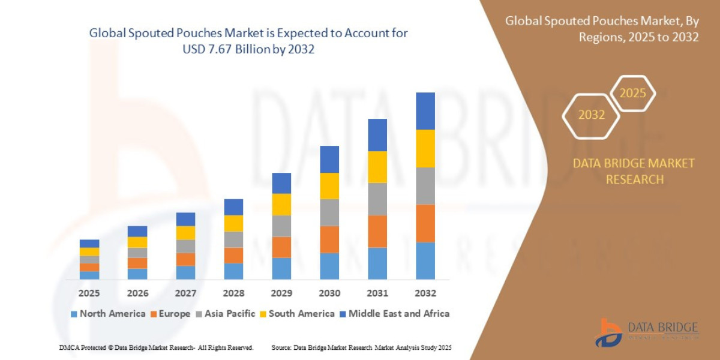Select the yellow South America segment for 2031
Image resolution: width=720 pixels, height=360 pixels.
[377, 167]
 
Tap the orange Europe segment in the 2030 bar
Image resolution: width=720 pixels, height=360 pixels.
[329, 239]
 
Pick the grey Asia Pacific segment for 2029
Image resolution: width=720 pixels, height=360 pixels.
[281, 226]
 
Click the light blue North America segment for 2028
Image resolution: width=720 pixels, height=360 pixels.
[233, 271]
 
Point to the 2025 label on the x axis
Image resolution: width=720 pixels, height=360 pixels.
[89, 293]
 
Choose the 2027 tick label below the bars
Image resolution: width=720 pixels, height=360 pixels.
[185, 293]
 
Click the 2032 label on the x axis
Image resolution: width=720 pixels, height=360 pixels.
[425, 293]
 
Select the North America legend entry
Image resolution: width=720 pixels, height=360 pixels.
[108, 313]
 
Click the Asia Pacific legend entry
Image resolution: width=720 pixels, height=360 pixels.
[225, 313]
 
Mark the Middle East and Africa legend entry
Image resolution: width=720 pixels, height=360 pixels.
[394, 313]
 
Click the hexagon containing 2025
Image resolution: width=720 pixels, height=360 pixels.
[632, 94]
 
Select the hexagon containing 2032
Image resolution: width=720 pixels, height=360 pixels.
[591, 115]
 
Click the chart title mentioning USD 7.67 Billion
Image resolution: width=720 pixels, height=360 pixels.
[248, 41]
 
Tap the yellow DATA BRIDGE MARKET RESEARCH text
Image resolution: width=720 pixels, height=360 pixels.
[634, 171]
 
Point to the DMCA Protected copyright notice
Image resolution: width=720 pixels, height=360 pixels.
[156, 347]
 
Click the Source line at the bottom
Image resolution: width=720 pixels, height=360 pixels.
[361, 347]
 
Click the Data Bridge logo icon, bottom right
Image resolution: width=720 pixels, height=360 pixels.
[608, 332]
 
